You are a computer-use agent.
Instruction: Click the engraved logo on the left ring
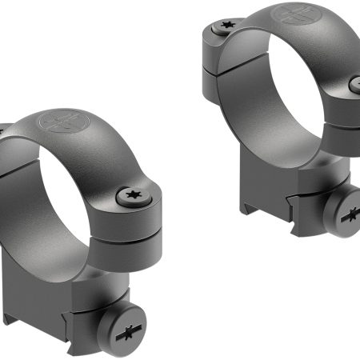pyautogui.click(x=63, y=122)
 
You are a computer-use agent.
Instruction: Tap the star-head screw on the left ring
pyautogui.click(x=128, y=194)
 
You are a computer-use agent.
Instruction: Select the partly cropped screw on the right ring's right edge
pyautogui.click(x=354, y=82)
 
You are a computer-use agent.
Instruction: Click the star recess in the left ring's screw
pyautogui.click(x=128, y=194)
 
